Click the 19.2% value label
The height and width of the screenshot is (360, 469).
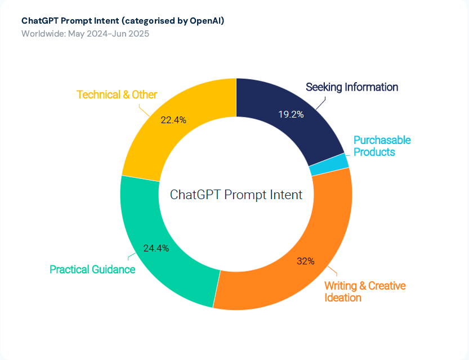291,114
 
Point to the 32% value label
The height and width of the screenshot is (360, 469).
305,261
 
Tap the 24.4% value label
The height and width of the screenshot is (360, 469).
156,248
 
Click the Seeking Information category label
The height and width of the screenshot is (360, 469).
352,87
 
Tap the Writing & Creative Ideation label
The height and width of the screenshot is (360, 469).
364,291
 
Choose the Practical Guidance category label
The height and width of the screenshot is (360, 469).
92,269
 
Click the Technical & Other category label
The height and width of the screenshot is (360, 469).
117,94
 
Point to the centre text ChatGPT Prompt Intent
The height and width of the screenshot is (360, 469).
236,195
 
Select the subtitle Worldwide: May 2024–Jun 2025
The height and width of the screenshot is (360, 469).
85,33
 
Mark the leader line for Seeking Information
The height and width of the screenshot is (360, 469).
320,103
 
